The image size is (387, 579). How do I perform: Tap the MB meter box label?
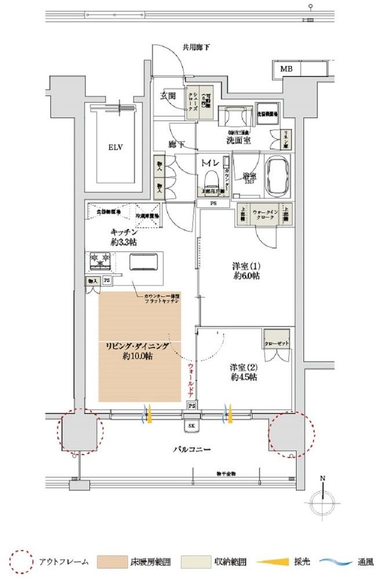(286, 69)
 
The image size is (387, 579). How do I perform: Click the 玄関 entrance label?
(168, 97)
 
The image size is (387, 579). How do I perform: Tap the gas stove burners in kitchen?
(102, 262)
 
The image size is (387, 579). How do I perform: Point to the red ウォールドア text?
(189, 380)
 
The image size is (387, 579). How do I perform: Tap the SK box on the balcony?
(192, 426)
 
